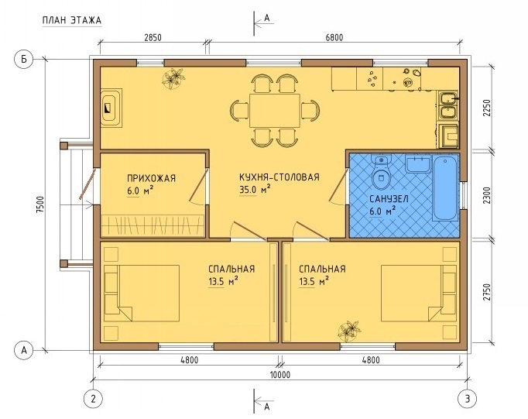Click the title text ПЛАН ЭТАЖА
pos(72,20)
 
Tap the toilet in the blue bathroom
pos(381,172)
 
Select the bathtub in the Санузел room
pos(445,188)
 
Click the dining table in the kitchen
pos(274,111)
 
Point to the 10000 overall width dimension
pos(279,375)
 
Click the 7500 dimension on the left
pos(41,204)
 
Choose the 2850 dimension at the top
pos(153,37)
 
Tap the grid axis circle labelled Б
pos(23,60)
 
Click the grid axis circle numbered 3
pos(468,399)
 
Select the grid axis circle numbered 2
pos(93,399)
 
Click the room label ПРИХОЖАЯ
pos(151,178)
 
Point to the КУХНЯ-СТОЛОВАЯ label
pos(279,177)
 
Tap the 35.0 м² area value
pos(255,190)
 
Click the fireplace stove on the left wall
pos(111,108)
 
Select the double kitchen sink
pos(447,106)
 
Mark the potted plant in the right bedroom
pos(349,331)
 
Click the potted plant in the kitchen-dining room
pos(173,78)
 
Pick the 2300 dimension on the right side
pos(487,195)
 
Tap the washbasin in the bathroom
pos(417,163)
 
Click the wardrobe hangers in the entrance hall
pos(153,225)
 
